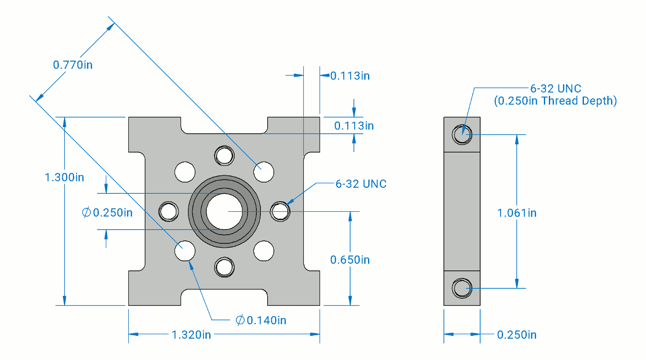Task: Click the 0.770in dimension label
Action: tap(73, 65)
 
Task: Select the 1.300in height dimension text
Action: tap(64, 177)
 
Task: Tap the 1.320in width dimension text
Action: tap(191, 335)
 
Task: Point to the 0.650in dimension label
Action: tap(350, 260)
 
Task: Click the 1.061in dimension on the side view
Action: tap(517, 213)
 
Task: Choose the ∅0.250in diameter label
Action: tap(107, 212)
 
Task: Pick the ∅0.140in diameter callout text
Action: tap(261, 320)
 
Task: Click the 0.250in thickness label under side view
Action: tap(517, 335)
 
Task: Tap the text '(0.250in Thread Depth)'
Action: tap(555, 101)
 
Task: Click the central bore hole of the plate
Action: tap(224, 211)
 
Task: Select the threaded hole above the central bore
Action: tap(224, 156)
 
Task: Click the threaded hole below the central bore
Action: tap(224, 267)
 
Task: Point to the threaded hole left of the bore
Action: tap(169, 211)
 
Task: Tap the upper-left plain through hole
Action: tap(185, 172)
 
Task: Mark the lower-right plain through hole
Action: tap(264, 251)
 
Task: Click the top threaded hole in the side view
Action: tap(462, 134)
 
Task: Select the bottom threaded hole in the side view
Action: tap(462, 288)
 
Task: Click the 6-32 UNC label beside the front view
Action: tap(361, 184)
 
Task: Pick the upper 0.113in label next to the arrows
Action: tap(350, 76)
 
